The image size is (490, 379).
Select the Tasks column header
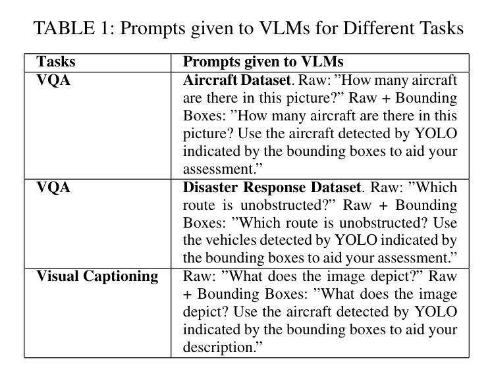tap(56, 62)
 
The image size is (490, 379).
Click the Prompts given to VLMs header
tap(263, 62)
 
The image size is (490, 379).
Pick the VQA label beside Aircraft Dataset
tap(53, 80)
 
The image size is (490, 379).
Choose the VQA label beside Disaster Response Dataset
tap(53, 188)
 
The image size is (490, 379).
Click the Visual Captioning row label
tap(97, 276)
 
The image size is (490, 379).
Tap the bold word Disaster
tap(209, 188)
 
